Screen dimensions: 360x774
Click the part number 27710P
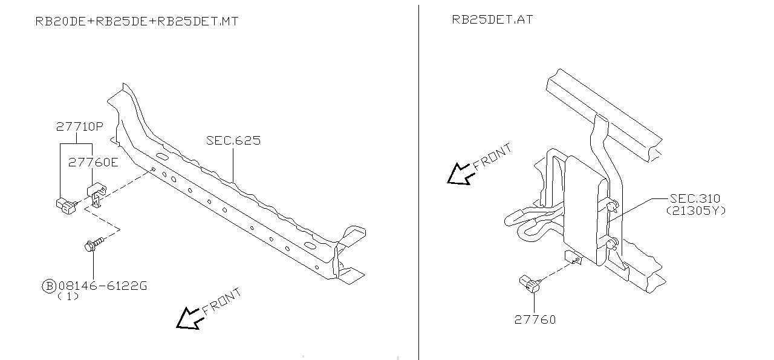pos(79,127)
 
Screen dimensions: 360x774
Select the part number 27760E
pos(93,162)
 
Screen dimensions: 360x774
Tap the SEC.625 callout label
pos(233,141)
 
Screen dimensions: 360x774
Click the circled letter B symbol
pos(48,286)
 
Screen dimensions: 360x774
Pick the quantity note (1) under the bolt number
pos(68,297)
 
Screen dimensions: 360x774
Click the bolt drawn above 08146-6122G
pos(94,245)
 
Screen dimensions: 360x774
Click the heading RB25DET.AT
pos(492,20)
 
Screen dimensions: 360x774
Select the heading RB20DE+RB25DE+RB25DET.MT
pos(137,22)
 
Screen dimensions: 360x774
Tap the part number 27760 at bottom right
pos(535,319)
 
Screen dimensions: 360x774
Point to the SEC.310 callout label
pos(695,199)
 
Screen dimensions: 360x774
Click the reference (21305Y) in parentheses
pos(695,211)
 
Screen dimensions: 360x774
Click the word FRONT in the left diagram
pos(223,301)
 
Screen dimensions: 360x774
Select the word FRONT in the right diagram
pos(492,155)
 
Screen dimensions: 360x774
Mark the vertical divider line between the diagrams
pos(418,182)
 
